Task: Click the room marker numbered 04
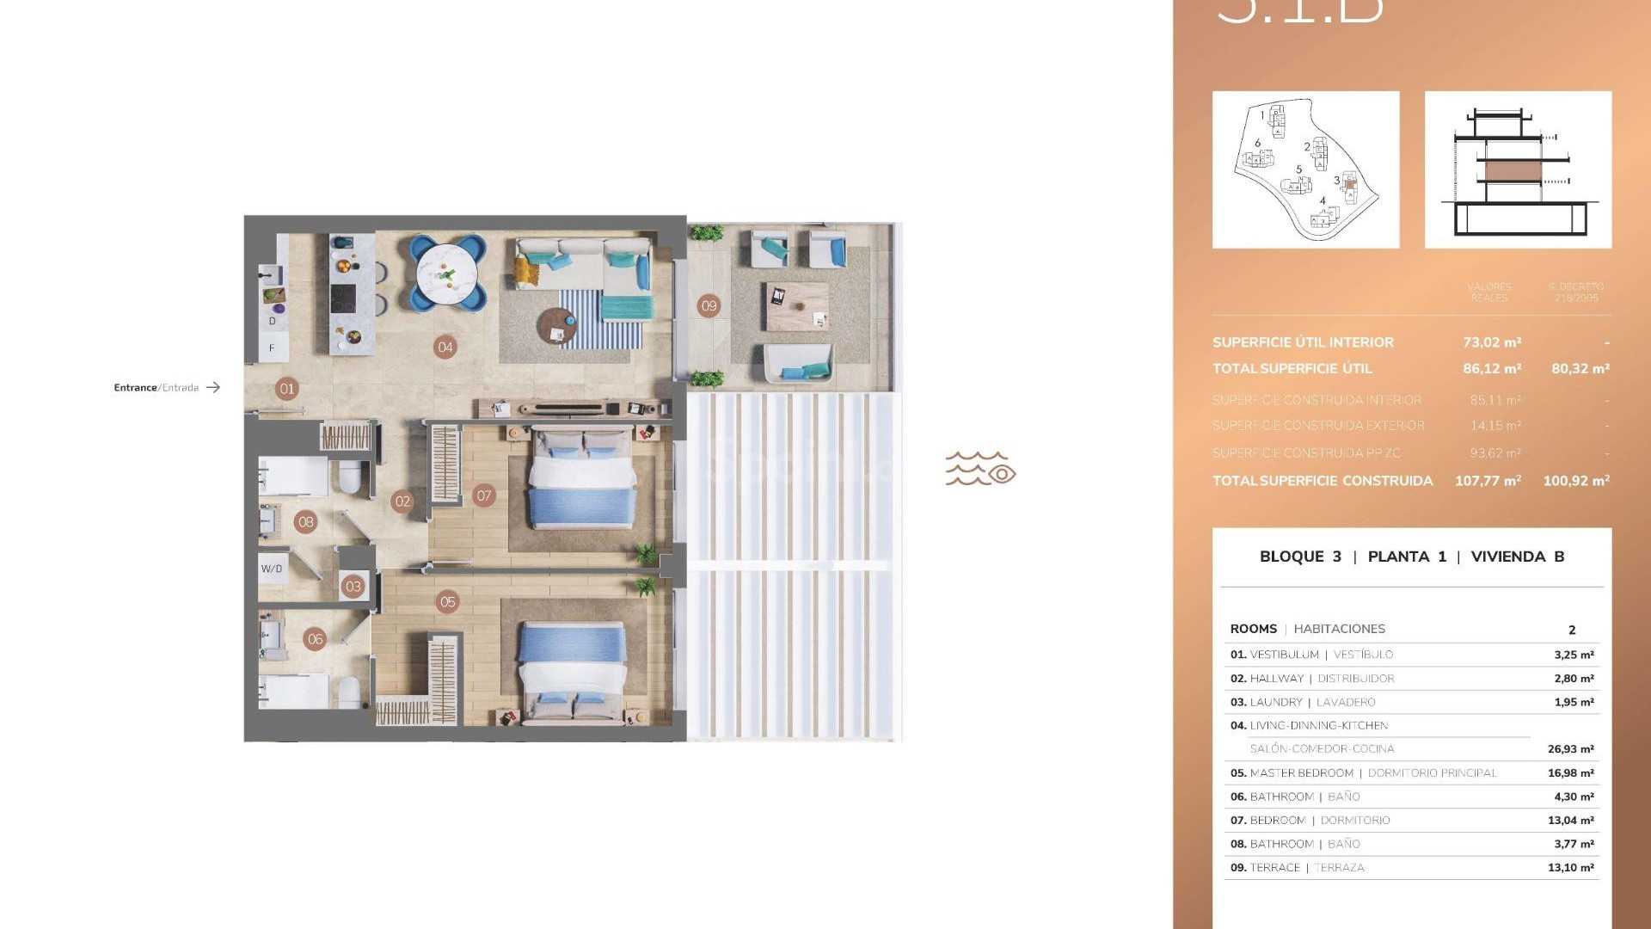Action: [445, 348]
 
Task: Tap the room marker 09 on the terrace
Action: [709, 305]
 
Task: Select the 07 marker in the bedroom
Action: [484, 495]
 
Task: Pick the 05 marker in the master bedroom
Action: [447, 602]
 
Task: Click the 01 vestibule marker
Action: [287, 389]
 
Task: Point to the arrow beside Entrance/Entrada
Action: [213, 388]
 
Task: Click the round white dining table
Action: [447, 274]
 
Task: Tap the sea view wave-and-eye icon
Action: [980, 469]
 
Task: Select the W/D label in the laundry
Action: [272, 569]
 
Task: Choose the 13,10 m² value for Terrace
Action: [1570, 868]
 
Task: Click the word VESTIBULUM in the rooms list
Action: [1284, 655]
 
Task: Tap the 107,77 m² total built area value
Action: [1488, 481]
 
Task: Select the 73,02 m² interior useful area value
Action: [1492, 342]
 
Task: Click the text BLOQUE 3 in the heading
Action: [1300, 557]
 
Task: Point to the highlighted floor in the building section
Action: [1513, 170]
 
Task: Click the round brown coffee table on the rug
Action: [556, 325]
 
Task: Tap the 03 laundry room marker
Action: [353, 587]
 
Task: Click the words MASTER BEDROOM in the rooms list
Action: [1301, 773]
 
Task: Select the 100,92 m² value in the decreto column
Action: [1575, 481]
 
